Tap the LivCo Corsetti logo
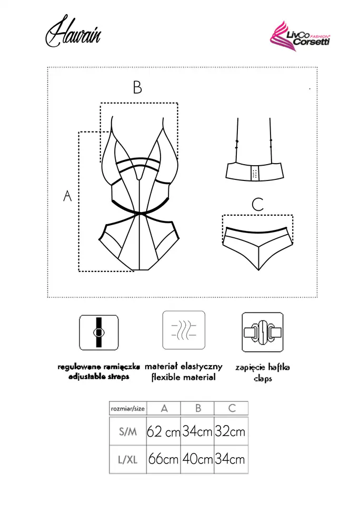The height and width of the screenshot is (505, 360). click(x=299, y=36)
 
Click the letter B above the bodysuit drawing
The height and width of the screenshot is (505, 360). click(x=137, y=87)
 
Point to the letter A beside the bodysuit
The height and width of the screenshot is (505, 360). click(x=67, y=196)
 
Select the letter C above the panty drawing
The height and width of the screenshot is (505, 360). click(x=257, y=205)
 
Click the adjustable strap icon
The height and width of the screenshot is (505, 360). click(x=98, y=332)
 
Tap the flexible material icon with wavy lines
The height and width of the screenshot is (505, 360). click(x=183, y=330)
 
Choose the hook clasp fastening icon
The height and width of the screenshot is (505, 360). click(x=263, y=332)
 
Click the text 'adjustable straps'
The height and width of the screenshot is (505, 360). click(x=98, y=377)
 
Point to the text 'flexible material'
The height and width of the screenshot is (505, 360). click(x=183, y=377)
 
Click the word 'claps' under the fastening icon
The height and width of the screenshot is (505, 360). click(x=263, y=378)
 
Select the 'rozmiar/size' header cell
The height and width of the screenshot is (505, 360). click(x=127, y=408)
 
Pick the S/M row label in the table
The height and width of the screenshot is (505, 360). click(x=128, y=432)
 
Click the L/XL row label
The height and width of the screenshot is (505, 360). click(x=128, y=459)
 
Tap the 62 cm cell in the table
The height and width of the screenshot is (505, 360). click(x=164, y=432)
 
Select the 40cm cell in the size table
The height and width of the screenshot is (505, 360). click(x=197, y=459)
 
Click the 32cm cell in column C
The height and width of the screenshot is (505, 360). click(x=230, y=432)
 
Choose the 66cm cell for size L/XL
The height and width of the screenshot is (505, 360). click(x=164, y=459)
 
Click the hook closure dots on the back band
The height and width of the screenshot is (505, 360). click(x=255, y=172)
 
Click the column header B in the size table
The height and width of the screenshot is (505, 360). click(x=198, y=408)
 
